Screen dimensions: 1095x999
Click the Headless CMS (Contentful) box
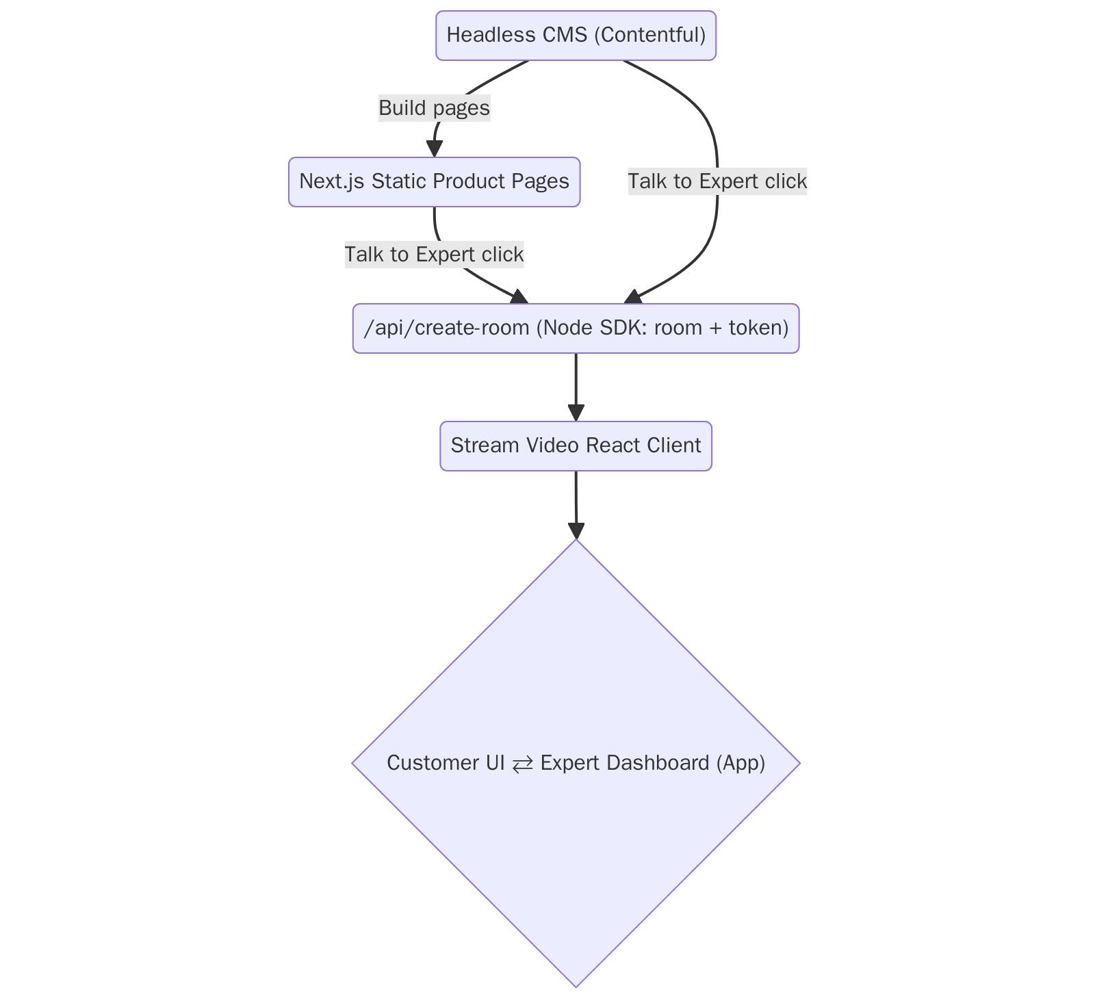(576, 36)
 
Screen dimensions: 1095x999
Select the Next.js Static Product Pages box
(435, 182)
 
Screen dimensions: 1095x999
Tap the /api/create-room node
(576, 328)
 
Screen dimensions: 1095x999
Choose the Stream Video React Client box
(576, 446)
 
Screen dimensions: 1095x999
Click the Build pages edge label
(435, 108)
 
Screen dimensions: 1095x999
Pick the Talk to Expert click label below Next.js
(435, 255)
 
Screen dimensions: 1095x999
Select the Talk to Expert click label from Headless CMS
(718, 181)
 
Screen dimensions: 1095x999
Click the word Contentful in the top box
(650, 35)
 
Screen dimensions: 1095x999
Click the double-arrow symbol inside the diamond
(523, 764)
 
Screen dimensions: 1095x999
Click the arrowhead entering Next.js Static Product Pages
(435, 148)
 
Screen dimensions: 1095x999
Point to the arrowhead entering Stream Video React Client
(576, 413)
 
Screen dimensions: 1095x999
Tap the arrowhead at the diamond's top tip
(576, 530)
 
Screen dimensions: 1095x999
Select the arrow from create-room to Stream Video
(576, 387)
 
